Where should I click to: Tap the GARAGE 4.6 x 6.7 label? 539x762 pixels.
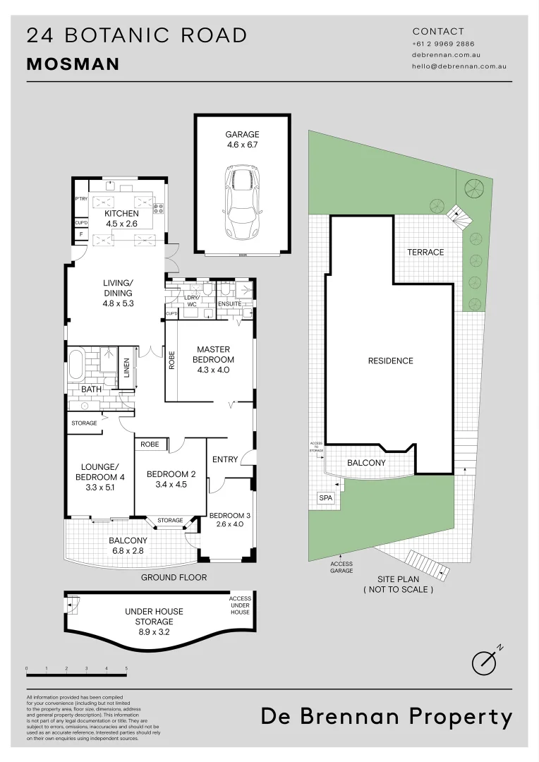[242, 140]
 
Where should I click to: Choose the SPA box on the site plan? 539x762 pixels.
[325, 498]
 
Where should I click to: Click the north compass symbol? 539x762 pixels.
[485, 660]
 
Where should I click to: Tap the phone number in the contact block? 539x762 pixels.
[443, 44]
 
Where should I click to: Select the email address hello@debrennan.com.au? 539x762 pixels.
[459, 66]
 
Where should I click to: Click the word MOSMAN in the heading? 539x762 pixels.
[73, 65]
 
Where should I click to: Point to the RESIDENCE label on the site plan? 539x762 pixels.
[390, 361]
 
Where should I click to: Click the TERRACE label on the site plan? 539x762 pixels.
[425, 252]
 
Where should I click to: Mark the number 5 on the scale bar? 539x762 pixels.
[126, 667]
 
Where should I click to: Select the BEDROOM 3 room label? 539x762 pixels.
[229, 519]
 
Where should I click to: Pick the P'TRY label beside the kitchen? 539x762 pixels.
[80, 200]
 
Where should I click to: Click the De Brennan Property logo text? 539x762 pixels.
[387, 717]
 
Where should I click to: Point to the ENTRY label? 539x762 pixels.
[225, 460]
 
